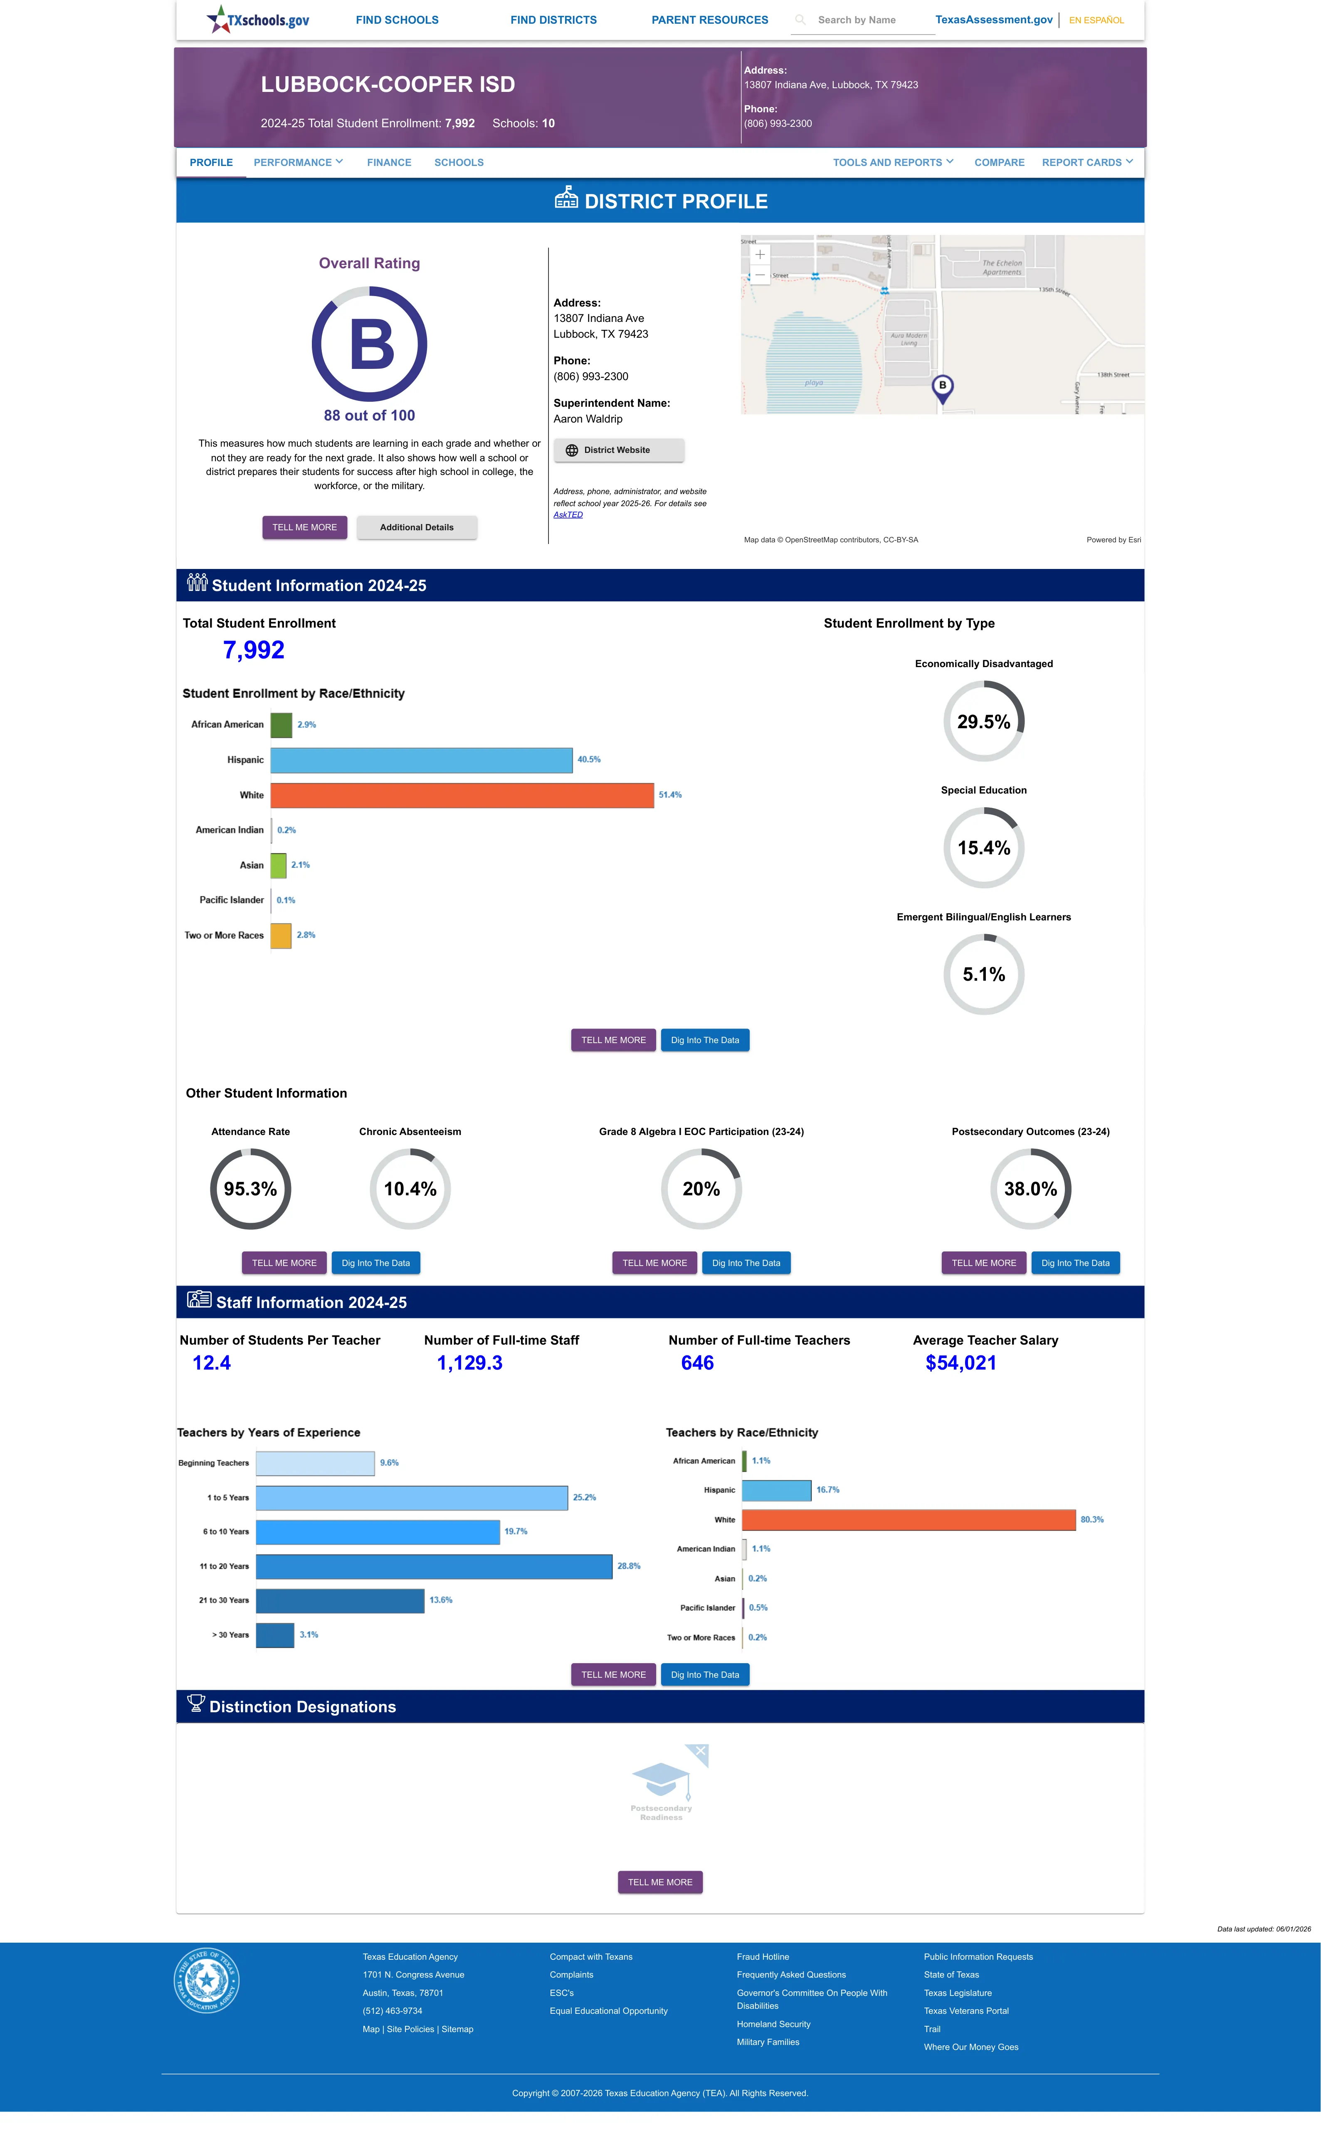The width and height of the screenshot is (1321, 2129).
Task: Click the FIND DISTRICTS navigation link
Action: point(553,20)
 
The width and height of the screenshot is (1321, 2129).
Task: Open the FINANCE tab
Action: point(389,163)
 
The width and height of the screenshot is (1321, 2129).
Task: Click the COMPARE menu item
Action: point(999,163)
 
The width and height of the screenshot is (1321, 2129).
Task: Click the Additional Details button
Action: point(417,528)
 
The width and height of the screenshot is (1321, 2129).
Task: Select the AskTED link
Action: point(568,514)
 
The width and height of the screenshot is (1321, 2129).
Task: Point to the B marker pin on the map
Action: point(942,388)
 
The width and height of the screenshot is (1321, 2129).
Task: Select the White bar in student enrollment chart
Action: point(462,795)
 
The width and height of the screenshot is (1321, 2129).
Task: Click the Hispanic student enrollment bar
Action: point(421,760)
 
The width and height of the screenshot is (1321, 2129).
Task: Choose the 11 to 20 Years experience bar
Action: point(434,1566)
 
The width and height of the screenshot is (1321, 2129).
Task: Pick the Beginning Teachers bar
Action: point(316,1463)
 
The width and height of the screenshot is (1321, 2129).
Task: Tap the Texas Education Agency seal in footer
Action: point(206,1981)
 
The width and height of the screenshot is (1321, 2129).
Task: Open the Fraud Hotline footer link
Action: point(763,1957)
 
